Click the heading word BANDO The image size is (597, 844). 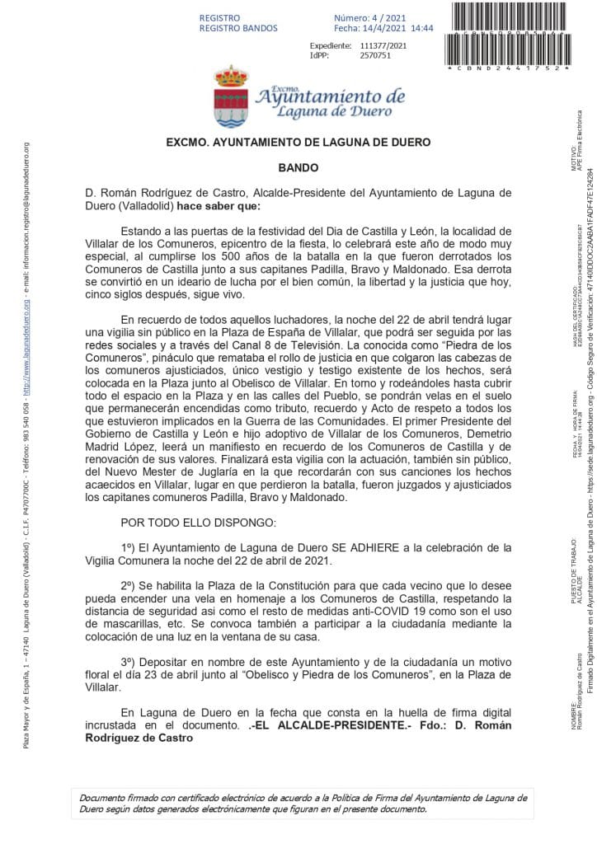298,166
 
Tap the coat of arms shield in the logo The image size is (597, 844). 231,101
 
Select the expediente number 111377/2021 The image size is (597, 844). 383,45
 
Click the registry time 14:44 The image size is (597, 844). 422,28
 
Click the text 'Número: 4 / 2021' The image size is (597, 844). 370,17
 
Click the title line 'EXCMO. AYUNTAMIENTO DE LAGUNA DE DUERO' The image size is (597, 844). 298,142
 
